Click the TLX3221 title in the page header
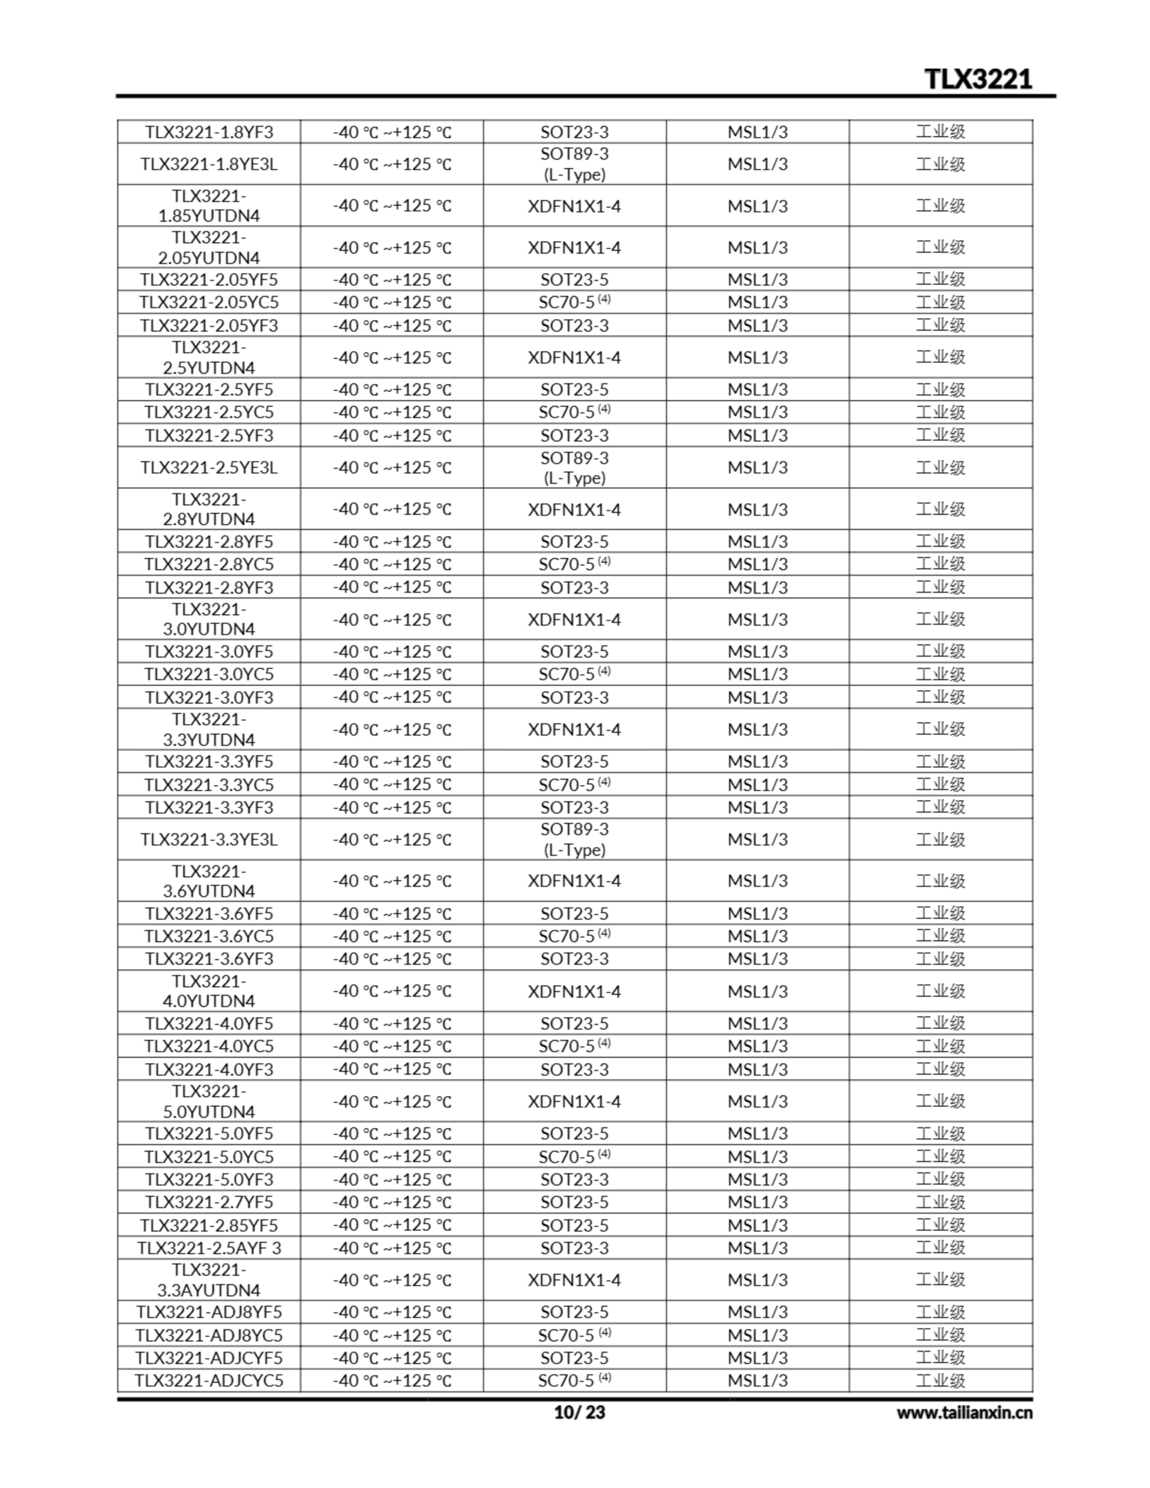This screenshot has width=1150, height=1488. [978, 79]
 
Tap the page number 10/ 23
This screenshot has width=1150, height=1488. [578, 1412]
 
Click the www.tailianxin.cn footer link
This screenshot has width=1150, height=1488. [964, 1412]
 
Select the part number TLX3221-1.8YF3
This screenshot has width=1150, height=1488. [209, 131]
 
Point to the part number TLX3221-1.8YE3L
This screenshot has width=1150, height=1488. [209, 164]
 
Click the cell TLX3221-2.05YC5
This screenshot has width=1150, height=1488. [209, 302]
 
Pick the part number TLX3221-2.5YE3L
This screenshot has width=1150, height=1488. [209, 467]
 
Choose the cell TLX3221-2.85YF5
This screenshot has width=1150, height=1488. [209, 1225]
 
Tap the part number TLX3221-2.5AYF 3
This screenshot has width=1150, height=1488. [209, 1248]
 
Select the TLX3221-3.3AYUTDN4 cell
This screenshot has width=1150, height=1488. [209, 1280]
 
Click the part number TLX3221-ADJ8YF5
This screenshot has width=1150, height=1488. [209, 1312]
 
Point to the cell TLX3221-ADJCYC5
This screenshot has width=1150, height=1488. [209, 1381]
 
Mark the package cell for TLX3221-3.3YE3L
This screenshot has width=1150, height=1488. [574, 839]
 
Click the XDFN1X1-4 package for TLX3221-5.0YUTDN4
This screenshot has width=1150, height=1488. [574, 1101]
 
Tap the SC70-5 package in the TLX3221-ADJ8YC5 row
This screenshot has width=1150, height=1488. [574, 1335]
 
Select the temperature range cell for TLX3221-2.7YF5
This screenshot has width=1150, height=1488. [391, 1202]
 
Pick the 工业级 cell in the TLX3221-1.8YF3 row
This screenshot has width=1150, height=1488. [940, 131]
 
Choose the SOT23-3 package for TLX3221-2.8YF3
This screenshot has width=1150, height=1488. [574, 587]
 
